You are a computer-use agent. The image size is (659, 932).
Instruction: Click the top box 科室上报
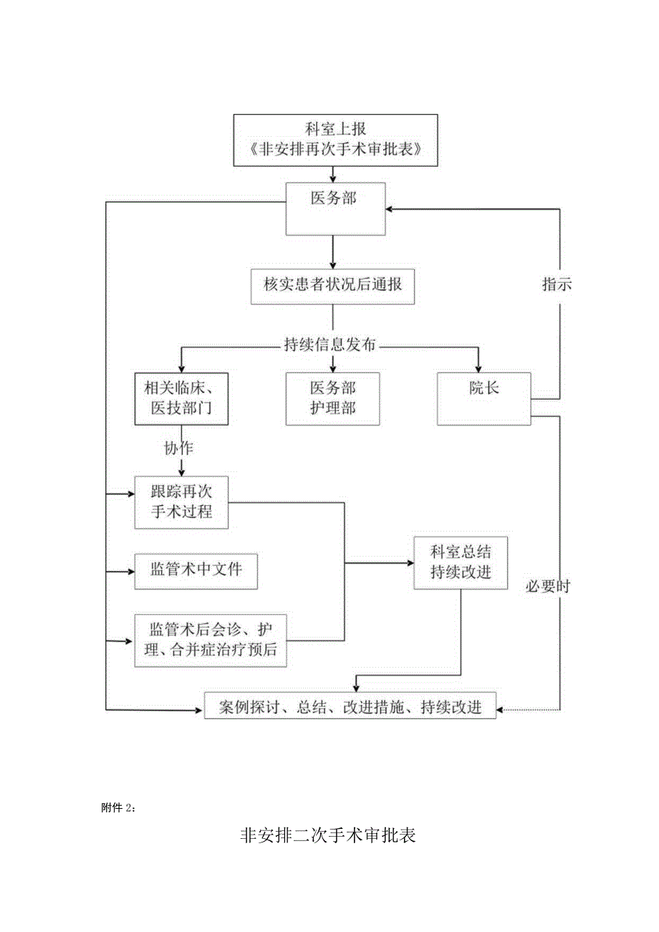335,140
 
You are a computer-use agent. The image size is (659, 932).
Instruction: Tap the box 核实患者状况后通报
333,286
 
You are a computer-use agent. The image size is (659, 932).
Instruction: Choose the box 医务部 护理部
332,398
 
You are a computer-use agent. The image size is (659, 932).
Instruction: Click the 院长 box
484,398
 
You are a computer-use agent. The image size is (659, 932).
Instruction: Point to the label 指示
557,284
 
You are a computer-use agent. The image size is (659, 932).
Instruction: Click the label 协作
178,449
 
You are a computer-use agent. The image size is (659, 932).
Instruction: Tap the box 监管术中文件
196,570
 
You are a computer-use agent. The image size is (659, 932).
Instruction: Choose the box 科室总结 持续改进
460,562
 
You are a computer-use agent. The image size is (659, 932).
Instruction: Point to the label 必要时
548,586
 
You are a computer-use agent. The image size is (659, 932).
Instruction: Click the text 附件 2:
118,808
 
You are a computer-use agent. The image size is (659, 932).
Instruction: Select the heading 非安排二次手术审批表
328,836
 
